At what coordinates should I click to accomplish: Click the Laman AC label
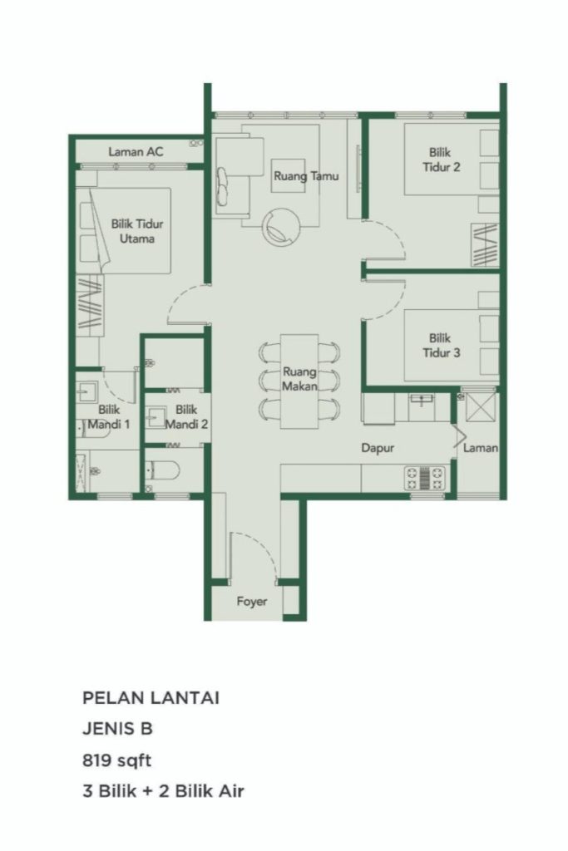coord(136,152)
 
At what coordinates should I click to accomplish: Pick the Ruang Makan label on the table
coord(299,379)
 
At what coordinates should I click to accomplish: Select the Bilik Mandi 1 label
coord(114,416)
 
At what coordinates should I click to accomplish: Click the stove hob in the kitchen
coord(427,477)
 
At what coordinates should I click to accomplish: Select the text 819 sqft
coord(117,759)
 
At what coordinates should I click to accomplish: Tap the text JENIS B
coord(117,729)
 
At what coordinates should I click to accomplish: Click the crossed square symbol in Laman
coord(480,406)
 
